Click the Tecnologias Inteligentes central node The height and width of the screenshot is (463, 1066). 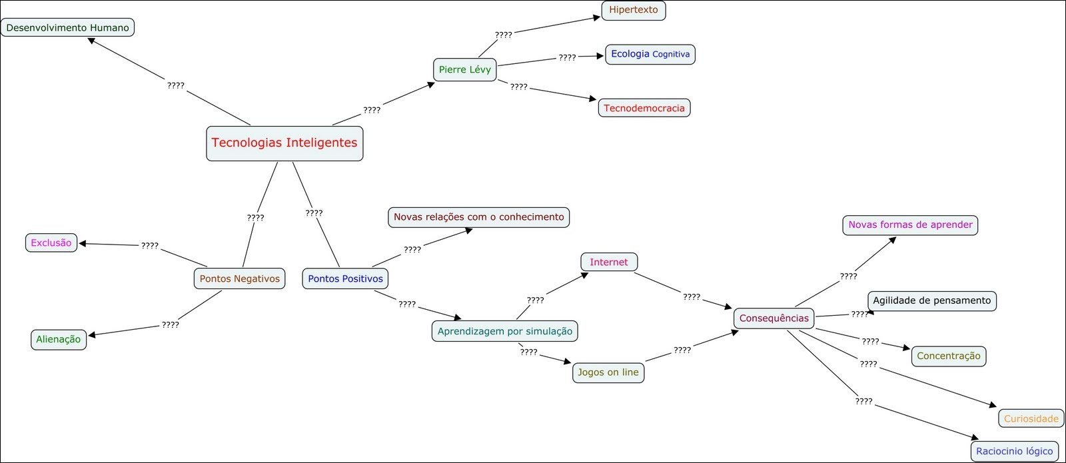click(284, 143)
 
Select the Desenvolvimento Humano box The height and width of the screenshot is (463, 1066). click(67, 27)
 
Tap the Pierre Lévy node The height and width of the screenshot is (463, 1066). click(464, 69)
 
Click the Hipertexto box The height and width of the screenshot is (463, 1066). click(633, 10)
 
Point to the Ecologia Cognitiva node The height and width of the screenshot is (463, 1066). click(650, 54)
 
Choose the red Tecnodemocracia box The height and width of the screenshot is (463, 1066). click(644, 108)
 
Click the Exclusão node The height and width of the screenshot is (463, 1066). click(51, 242)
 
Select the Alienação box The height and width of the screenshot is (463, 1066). click(58, 339)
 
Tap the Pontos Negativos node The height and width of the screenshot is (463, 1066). click(239, 278)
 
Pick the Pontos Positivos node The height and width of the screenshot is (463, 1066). click(345, 278)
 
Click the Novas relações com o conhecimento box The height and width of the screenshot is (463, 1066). click(478, 217)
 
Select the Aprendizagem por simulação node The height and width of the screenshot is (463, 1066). click(504, 331)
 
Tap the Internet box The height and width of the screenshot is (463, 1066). click(608, 262)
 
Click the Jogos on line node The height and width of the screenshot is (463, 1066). click(608, 372)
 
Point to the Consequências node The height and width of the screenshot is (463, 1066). click(774, 318)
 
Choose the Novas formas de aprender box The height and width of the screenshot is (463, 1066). click(910, 225)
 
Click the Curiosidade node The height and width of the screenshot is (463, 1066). click(1031, 418)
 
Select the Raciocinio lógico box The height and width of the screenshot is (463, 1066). click(1014, 451)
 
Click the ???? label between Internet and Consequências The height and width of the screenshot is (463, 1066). click(692, 296)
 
